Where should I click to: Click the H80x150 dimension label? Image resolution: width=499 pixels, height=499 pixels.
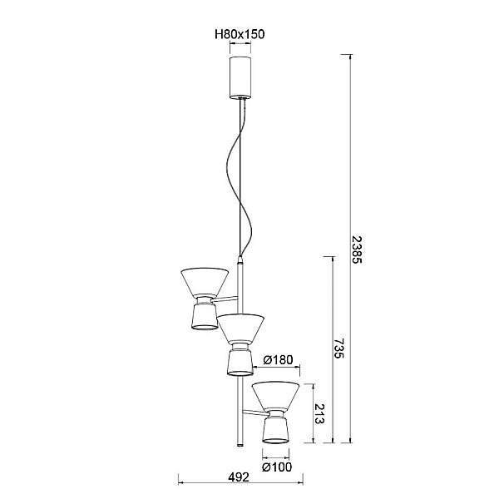pos(240,34)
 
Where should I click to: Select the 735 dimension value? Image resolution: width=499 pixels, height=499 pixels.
pos(339,348)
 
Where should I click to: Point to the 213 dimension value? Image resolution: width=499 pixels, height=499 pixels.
pos(319,413)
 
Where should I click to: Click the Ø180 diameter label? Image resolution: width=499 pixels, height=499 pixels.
pos(278,360)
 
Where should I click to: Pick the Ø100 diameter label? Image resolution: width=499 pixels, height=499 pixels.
pos(277,467)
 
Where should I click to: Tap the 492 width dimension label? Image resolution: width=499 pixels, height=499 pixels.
pos(239,477)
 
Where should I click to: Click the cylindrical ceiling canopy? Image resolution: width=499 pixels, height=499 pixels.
pos(240,77)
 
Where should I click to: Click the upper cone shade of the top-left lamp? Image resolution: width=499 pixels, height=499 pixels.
pos(205,282)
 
